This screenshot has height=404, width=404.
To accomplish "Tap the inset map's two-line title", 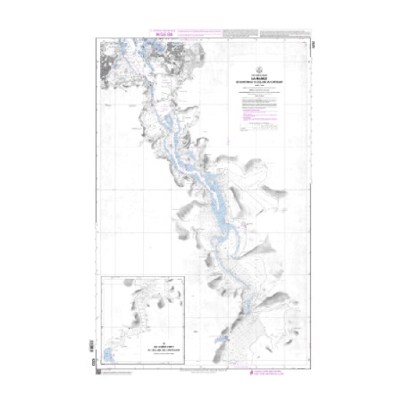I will [147, 342].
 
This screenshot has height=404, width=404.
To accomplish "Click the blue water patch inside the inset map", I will [112, 344].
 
